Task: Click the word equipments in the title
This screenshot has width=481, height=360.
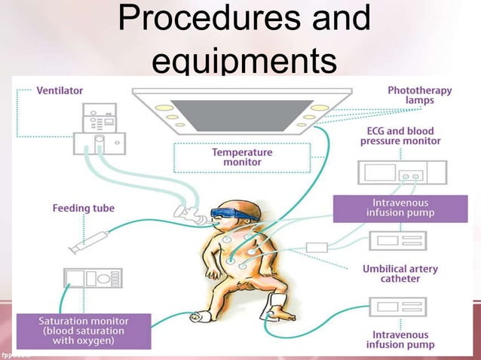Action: click(x=243, y=60)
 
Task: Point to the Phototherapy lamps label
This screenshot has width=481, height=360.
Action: click(x=419, y=96)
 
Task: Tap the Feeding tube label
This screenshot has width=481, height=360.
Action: click(x=83, y=207)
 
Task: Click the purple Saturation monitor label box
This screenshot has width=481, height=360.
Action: click(x=84, y=331)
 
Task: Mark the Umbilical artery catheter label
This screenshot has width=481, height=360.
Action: click(x=400, y=273)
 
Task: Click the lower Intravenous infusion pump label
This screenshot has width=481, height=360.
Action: click(x=400, y=340)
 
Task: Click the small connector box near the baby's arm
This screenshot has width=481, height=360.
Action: click(x=317, y=248)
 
